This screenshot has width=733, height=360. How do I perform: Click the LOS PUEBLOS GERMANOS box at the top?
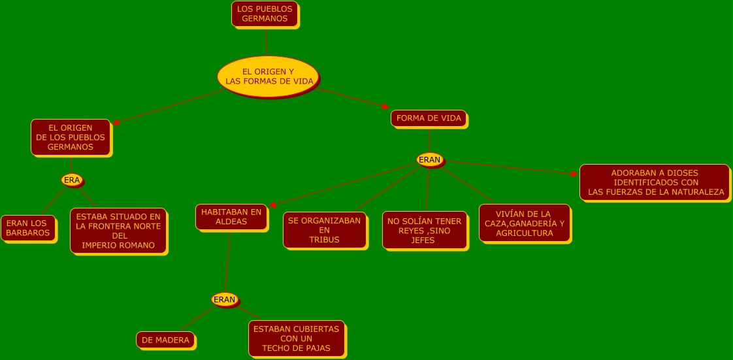(x=265, y=14)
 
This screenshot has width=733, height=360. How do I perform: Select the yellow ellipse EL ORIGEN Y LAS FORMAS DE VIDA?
(x=268, y=76)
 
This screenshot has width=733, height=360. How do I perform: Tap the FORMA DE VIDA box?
(x=429, y=118)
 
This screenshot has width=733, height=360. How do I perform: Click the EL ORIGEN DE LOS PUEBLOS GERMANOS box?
(x=71, y=137)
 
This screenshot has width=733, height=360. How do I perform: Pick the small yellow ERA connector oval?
(x=72, y=180)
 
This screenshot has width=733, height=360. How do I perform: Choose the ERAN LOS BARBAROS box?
(x=27, y=228)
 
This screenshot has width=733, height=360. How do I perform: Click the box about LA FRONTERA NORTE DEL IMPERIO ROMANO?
(x=118, y=231)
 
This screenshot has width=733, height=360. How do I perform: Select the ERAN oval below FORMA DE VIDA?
(x=430, y=159)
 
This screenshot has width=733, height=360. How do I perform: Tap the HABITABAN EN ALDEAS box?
(x=231, y=217)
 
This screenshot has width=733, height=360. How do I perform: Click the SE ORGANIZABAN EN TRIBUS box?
(x=324, y=230)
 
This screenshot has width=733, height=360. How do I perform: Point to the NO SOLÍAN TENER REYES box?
(x=425, y=231)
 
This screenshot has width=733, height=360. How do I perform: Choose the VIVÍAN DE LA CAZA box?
(x=524, y=223)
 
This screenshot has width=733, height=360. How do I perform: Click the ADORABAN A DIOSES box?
(x=655, y=182)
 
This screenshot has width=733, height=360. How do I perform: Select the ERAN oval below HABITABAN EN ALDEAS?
(x=224, y=300)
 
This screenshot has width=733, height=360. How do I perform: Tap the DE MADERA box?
(x=165, y=340)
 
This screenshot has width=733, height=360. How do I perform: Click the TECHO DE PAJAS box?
(x=297, y=338)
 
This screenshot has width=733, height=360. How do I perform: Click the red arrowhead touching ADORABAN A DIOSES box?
(x=574, y=174)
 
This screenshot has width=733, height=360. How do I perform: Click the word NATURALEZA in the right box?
(x=697, y=192)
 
